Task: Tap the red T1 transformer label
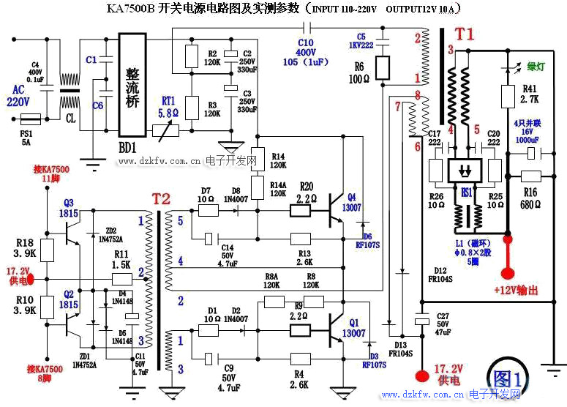click(465, 34)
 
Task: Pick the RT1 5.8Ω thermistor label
click(168, 108)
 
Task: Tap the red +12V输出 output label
click(516, 291)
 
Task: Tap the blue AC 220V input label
click(18, 96)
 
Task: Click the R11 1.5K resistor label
click(121, 258)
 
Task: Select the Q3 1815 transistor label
click(70, 207)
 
